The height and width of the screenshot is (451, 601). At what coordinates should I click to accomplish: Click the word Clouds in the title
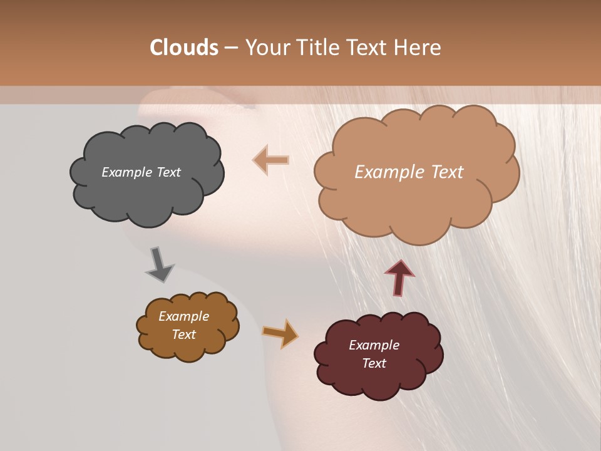coord(184,48)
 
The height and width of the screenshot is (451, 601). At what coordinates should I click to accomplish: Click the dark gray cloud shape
coord(146,194)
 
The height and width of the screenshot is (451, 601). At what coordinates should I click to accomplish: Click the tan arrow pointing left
coord(271,160)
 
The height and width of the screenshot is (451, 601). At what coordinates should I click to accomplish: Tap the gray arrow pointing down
coord(159,264)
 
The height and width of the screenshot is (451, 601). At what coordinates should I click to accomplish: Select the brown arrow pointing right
coord(280,333)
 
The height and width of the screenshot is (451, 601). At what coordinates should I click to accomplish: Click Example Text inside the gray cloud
coord(141,172)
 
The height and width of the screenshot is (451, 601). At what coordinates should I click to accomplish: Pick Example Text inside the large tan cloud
coord(409,172)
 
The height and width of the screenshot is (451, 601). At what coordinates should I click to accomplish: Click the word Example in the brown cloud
coord(183,316)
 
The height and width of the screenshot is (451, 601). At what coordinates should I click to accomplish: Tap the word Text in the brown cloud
coord(183,334)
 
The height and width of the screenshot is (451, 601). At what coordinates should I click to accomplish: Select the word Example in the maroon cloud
coord(374,345)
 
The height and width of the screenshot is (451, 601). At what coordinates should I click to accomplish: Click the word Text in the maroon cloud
coord(374,363)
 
